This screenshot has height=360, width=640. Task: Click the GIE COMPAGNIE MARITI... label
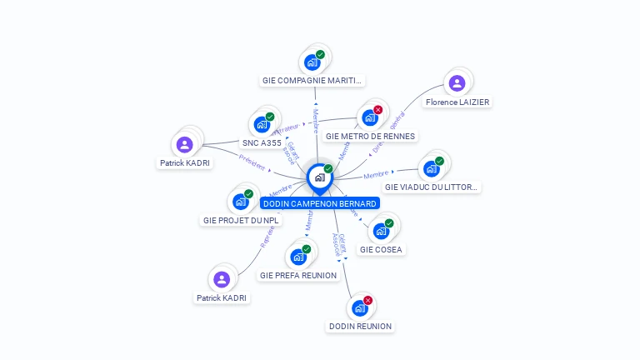(312, 81)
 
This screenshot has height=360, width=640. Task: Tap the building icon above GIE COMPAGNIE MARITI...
(312, 62)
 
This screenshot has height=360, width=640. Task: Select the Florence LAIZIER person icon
(457, 83)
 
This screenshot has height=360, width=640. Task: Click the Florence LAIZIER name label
(457, 102)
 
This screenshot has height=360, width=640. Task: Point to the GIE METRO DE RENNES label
(370, 136)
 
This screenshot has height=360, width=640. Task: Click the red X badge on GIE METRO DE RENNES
(378, 110)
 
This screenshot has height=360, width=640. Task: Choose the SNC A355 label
(262, 143)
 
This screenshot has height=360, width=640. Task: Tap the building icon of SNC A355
(262, 125)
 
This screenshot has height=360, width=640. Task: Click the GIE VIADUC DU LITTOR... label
(432, 187)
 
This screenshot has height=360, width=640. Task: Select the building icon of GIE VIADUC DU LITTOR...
(431, 169)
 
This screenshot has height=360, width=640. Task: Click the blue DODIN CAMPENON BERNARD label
(320, 203)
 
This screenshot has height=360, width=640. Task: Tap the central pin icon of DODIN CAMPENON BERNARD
(319, 177)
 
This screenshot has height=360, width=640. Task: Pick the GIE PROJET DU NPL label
(241, 221)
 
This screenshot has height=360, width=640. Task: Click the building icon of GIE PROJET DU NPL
(241, 202)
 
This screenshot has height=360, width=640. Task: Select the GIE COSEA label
(381, 249)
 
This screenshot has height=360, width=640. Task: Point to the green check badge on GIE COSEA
(389, 223)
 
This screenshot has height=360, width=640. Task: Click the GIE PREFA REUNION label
(298, 275)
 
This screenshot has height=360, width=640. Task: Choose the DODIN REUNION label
(360, 326)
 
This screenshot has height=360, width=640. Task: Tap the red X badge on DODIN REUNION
(367, 300)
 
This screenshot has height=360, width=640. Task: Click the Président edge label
(252, 162)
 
